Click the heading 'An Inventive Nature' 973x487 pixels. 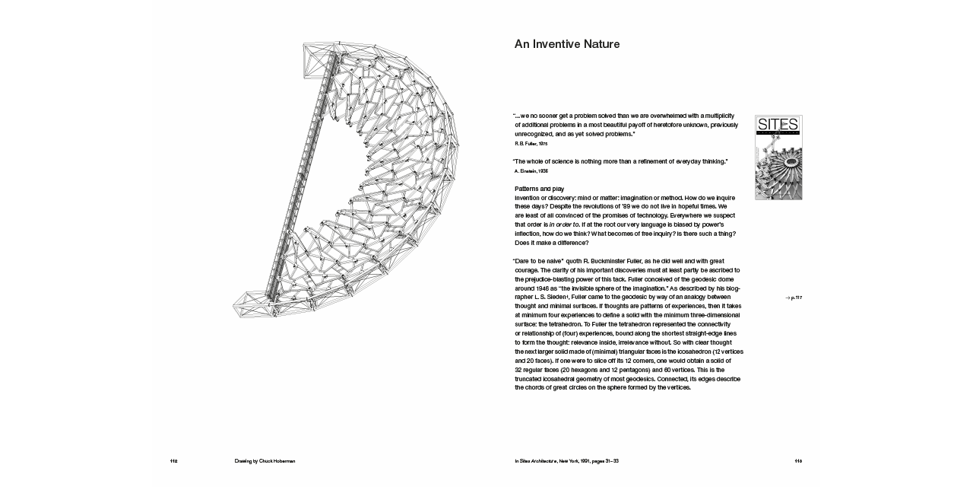pos(567,44)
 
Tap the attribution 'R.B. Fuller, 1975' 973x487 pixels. pos(531,143)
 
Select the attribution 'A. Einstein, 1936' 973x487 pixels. pos(531,170)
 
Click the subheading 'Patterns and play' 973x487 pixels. pos(540,188)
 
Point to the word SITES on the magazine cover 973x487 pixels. pos(778,124)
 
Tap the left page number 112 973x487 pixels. pos(173,461)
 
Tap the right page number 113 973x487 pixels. pos(798,461)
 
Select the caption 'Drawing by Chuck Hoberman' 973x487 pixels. pos(265,461)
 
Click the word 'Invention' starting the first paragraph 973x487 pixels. pos(530,198)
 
